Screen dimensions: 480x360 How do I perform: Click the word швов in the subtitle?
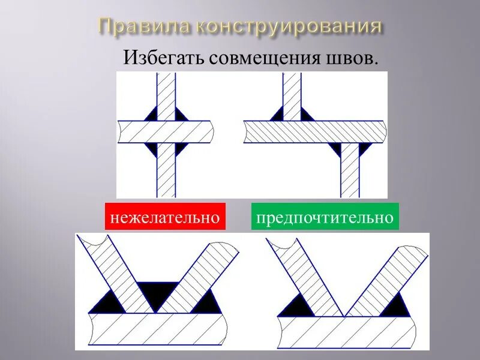(x=358, y=58)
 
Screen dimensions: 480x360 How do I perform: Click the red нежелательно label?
(x=165, y=217)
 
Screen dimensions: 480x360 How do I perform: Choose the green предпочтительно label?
(x=325, y=217)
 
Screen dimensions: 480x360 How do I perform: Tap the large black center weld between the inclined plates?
(x=157, y=294)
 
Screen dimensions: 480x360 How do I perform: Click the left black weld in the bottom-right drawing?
(x=295, y=306)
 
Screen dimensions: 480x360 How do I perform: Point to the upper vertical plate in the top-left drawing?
(x=166, y=90)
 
